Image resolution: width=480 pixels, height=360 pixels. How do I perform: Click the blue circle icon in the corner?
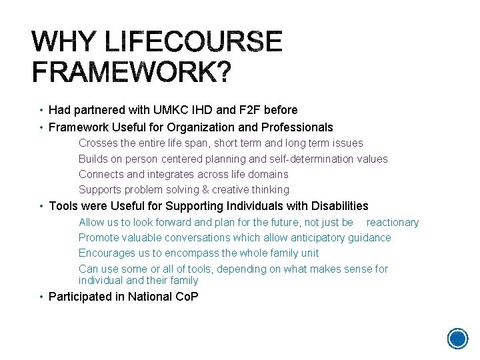point(457,338)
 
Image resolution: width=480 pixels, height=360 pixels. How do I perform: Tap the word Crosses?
point(97,143)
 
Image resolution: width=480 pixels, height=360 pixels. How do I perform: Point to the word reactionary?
point(393,222)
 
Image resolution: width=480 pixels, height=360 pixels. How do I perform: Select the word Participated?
point(79,297)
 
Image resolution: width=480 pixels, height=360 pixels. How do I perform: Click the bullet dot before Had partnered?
point(41,110)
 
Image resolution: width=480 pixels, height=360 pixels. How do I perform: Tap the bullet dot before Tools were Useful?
point(41,207)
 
